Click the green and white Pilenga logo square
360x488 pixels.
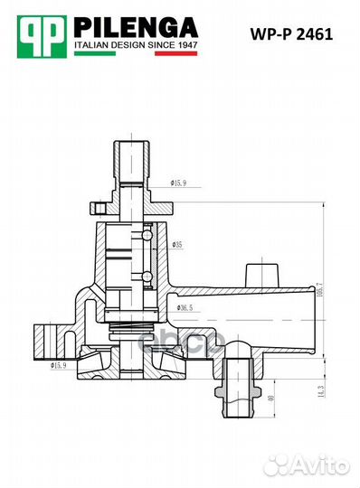42,37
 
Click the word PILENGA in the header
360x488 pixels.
136,27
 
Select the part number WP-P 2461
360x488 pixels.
291,34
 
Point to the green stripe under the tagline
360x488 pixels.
95,53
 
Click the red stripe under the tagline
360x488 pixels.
176,53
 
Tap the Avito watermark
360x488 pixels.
308,466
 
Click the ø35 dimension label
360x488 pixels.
177,245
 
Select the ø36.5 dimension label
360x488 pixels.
185,307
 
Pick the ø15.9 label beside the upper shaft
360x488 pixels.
178,183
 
